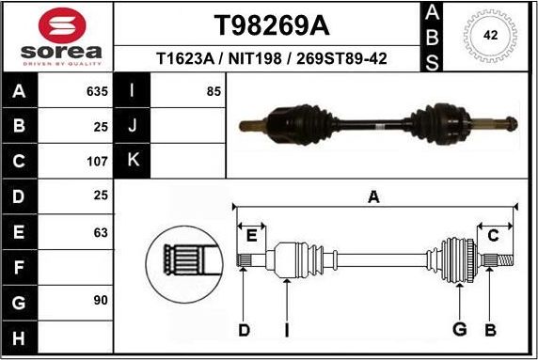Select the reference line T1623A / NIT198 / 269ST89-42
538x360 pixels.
coord(266,58)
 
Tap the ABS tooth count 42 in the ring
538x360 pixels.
coord(490,36)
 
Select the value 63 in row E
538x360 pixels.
coord(101,231)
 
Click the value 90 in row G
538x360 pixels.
coord(101,301)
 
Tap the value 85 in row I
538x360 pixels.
coord(214,92)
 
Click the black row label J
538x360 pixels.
coord(133,126)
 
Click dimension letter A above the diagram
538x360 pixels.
coord(373,196)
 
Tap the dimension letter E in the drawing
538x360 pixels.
coord(251,236)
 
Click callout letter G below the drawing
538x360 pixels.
coord(459,329)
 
